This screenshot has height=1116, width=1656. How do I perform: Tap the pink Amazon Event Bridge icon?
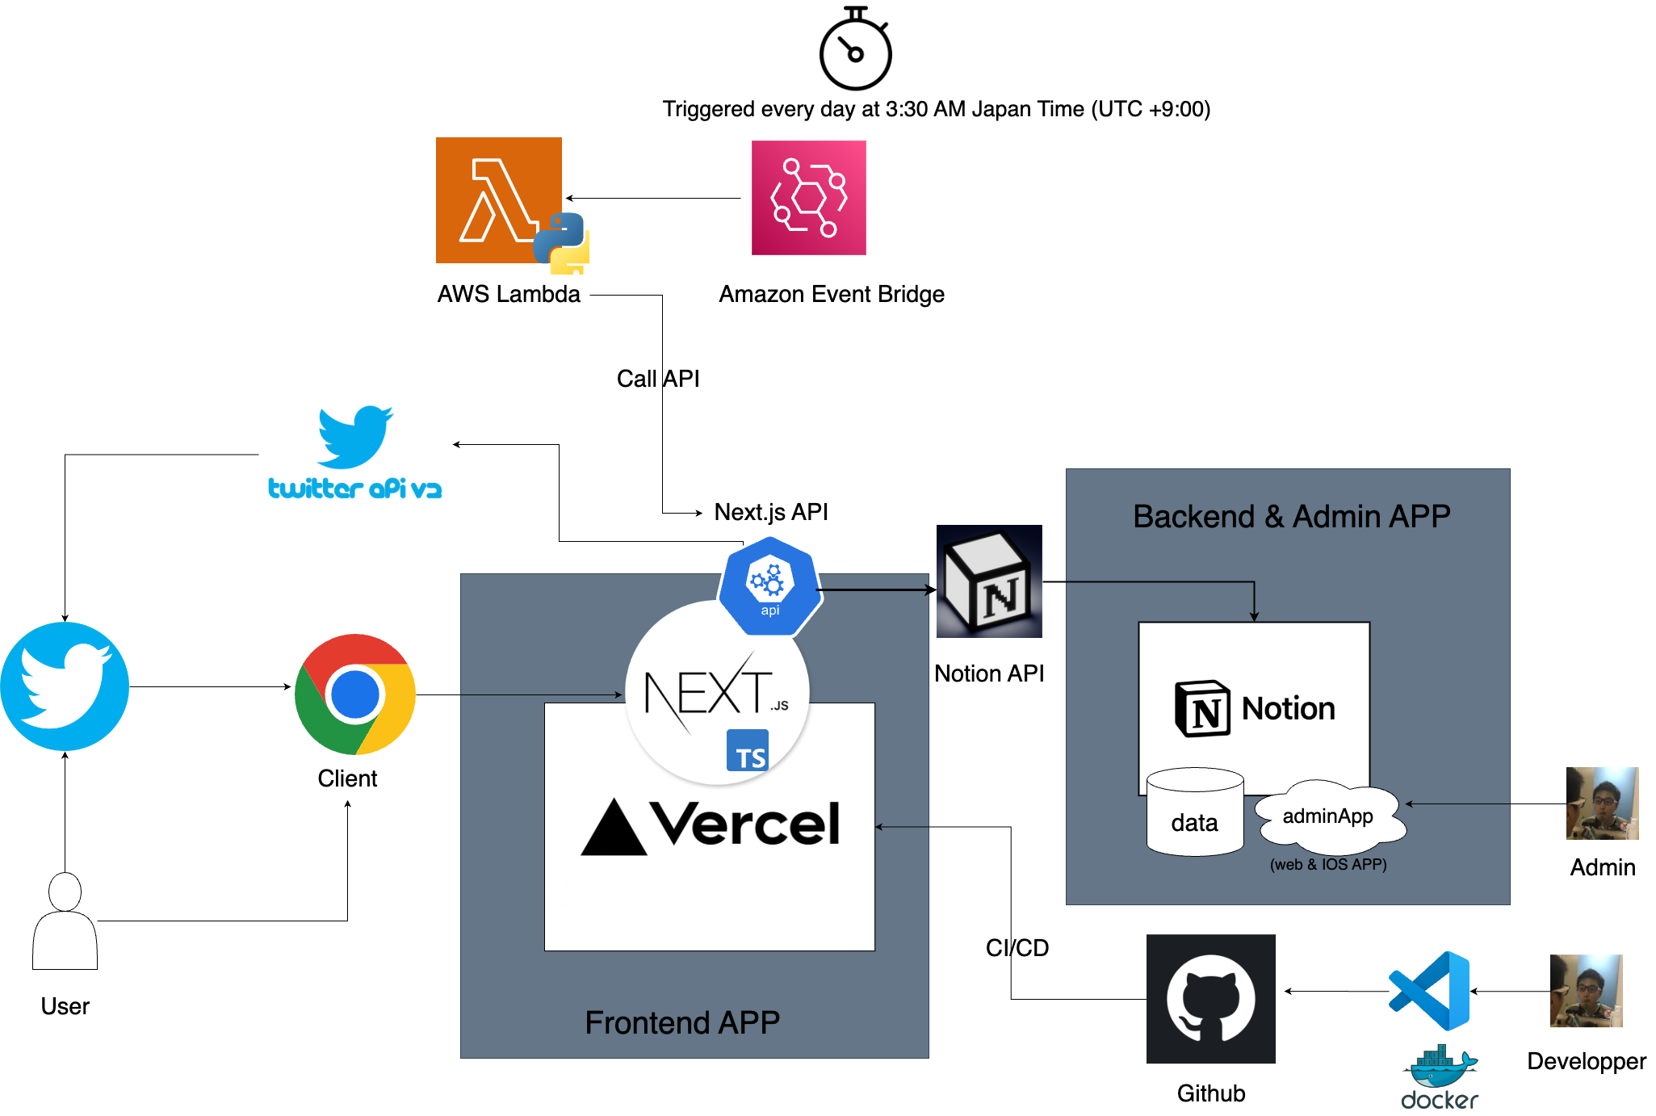pyautogui.click(x=808, y=198)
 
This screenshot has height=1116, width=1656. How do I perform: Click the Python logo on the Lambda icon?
pyautogui.click(x=562, y=242)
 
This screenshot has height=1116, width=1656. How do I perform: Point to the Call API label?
pyautogui.click(x=658, y=379)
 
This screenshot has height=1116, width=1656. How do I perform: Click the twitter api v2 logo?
pyautogui.click(x=355, y=453)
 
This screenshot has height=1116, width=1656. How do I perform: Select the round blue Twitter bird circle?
pyautogui.click(x=65, y=686)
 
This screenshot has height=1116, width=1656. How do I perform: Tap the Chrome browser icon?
pyautogui.click(x=355, y=694)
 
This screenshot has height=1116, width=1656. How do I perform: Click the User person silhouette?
pyautogui.click(x=65, y=921)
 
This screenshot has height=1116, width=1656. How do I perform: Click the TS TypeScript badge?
pyautogui.click(x=748, y=751)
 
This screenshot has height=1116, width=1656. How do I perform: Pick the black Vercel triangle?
pyautogui.click(x=614, y=827)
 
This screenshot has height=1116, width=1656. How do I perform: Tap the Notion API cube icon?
pyautogui.click(x=989, y=581)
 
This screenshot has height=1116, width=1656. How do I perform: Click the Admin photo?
pyautogui.click(x=1602, y=803)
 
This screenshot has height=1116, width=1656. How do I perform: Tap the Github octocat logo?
pyautogui.click(x=1210, y=999)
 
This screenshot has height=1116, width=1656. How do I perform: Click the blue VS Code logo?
pyautogui.click(x=1430, y=990)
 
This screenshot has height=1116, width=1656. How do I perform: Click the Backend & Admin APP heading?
pyautogui.click(x=1291, y=517)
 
